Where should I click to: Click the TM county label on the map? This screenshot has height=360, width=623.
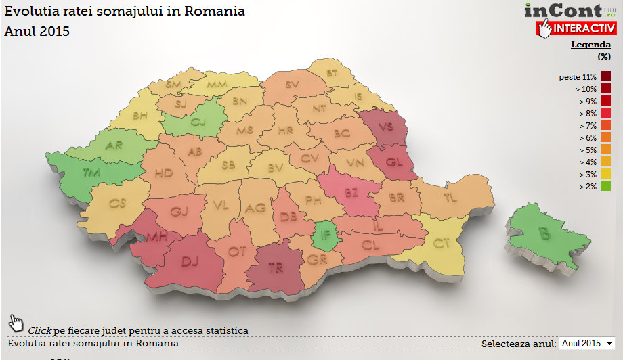coord(92,173)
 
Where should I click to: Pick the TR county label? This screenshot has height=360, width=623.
coord(276,268)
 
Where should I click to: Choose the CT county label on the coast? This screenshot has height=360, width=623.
coord(442,243)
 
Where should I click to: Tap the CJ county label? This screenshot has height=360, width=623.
coord(197,122)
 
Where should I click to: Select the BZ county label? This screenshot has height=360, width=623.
coord(351,193)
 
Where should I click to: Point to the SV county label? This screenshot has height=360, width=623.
coord(292,85)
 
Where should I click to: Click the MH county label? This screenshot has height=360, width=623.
coord(156,235)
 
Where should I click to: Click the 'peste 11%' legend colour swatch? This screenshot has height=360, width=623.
coord(605,76)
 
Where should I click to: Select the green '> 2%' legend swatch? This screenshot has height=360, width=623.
coord(605,185)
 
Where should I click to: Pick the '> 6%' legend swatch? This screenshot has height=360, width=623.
coord(605,137)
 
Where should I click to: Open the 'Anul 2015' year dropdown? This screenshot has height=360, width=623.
coord(586,344)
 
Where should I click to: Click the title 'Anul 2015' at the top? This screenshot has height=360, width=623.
coord(37,31)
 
